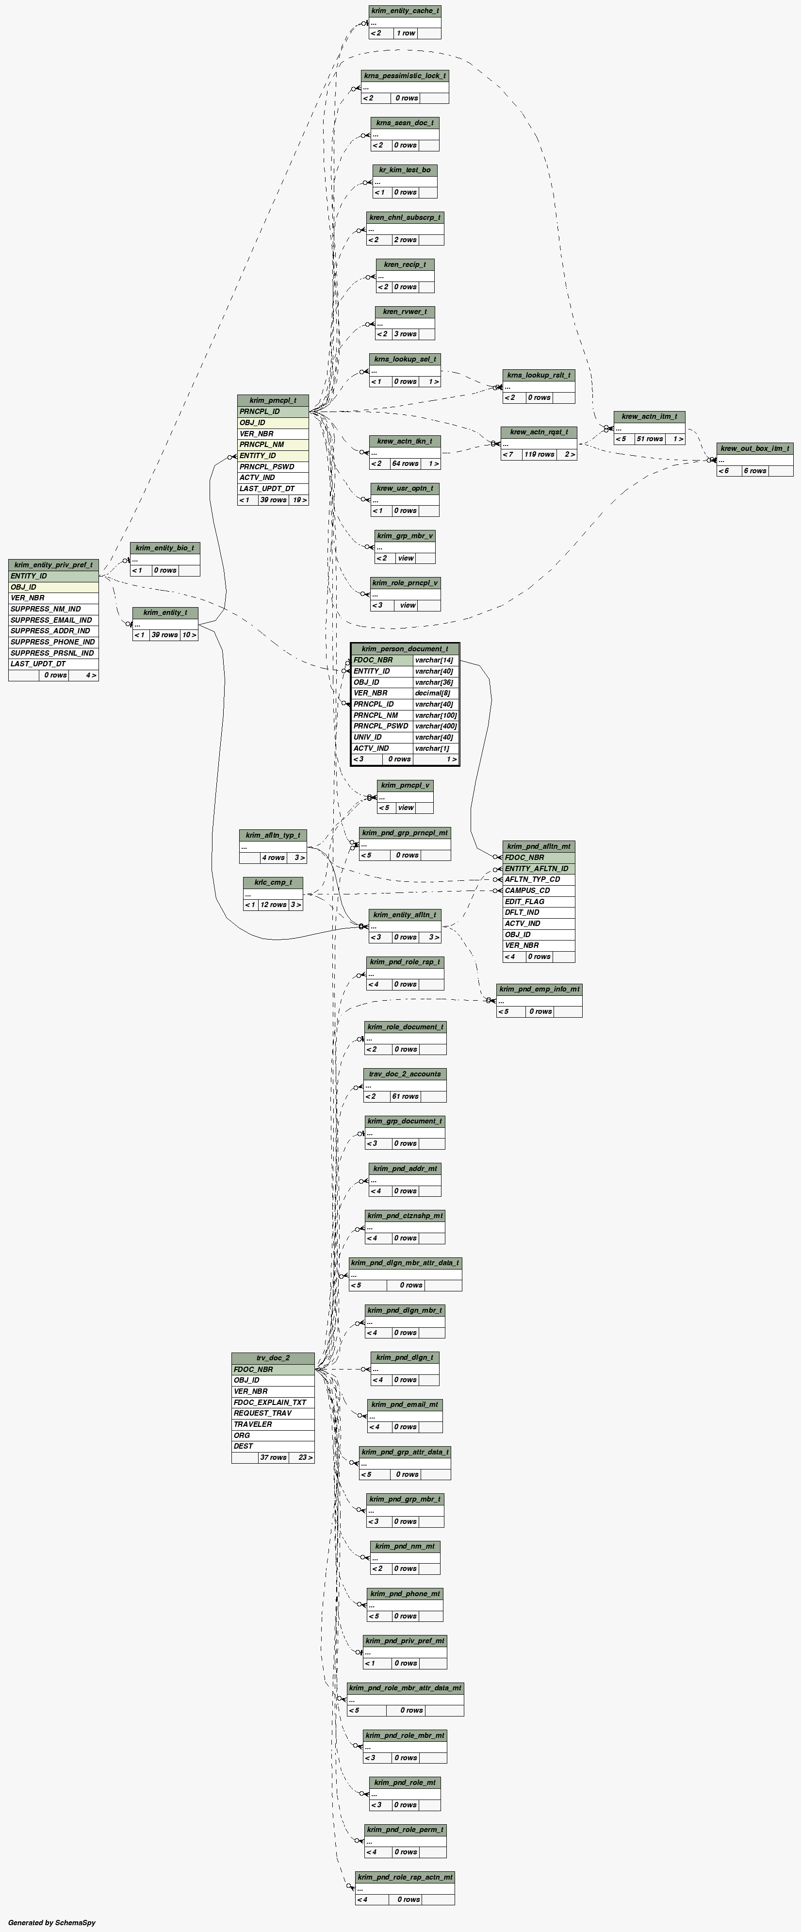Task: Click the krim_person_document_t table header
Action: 405,649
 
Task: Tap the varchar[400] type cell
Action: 436,726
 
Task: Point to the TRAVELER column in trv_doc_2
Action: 253,1424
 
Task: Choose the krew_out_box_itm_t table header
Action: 754,448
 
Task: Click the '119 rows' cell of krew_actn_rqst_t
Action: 539,455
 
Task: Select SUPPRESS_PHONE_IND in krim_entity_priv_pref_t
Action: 52,642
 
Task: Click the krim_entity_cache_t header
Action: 405,11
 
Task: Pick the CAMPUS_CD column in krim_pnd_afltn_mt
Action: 527,890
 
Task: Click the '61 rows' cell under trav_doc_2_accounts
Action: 405,1096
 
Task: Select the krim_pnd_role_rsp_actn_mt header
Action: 405,1877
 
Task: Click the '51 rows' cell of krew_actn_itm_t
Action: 650,439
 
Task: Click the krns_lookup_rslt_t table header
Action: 539,375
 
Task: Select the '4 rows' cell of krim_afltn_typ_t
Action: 273,857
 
